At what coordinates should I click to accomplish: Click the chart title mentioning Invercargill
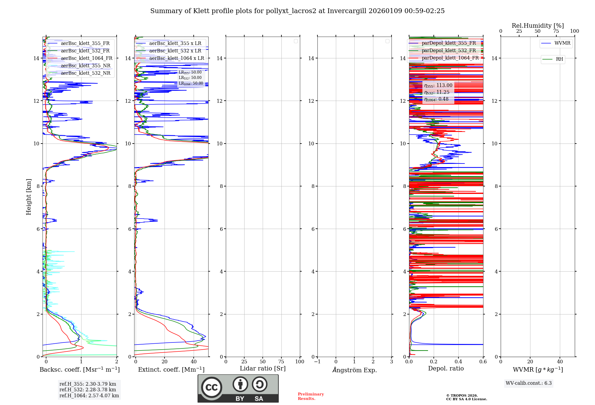click(x=297, y=11)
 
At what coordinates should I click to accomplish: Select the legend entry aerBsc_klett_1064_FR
click(x=86, y=58)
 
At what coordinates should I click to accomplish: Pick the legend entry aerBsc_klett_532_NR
click(x=85, y=73)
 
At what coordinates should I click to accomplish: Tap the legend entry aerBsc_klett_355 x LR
click(x=175, y=43)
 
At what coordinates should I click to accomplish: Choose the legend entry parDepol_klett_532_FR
click(x=449, y=51)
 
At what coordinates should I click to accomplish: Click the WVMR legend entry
click(x=562, y=43)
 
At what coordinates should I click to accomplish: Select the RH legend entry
click(x=559, y=59)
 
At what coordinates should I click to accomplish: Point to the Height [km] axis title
click(x=29, y=197)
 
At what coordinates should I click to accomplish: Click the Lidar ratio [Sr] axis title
click(x=263, y=369)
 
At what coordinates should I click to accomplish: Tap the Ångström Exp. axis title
click(x=354, y=370)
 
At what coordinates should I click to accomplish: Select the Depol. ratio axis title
click(x=446, y=369)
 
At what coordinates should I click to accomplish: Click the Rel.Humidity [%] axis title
click(x=538, y=26)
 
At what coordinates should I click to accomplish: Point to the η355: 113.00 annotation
click(x=438, y=85)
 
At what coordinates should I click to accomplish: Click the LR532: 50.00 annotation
click(x=190, y=78)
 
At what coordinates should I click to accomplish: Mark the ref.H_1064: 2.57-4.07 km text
click(x=89, y=396)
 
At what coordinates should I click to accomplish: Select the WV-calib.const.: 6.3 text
click(x=529, y=383)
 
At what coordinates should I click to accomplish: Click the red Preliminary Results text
click(x=311, y=396)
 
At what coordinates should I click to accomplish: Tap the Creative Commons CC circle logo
click(x=212, y=387)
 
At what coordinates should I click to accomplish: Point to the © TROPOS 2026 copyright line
click(x=462, y=395)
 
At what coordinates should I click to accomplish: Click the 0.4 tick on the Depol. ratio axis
click(x=458, y=362)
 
